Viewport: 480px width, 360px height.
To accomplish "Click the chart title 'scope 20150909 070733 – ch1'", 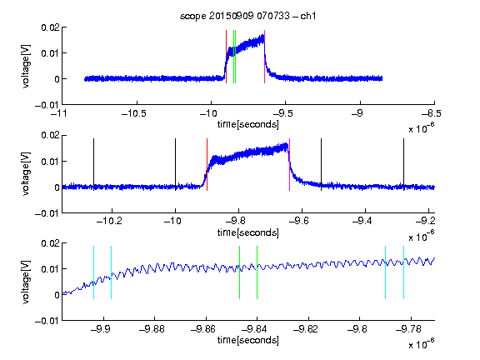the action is [248, 16].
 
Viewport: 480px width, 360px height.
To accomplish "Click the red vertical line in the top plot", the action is [226, 57].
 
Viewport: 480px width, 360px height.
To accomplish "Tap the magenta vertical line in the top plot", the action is [264, 57].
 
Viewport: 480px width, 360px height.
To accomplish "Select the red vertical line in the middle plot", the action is [207, 165].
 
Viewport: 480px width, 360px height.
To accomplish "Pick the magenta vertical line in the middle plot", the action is [290, 165].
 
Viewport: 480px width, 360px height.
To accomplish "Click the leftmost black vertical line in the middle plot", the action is [93, 165].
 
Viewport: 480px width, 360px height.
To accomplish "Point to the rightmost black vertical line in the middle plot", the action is [403, 165].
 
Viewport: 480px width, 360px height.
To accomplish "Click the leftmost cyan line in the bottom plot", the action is [93, 272].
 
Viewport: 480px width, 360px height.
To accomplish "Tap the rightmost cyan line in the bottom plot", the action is [403, 272].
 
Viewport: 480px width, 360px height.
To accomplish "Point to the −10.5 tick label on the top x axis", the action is [134, 113].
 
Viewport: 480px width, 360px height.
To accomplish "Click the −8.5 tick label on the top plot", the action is [431, 113].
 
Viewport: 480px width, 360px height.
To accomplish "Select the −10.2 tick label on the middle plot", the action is [109, 221].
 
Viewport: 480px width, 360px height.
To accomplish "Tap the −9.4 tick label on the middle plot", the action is [362, 221].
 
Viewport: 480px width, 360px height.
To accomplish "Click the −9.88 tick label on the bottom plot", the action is [152, 329].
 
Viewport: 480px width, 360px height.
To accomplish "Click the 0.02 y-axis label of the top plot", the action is [50, 27].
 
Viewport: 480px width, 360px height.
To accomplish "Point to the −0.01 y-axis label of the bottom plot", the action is [47, 321].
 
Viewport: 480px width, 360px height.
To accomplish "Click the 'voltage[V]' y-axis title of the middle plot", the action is [26, 173].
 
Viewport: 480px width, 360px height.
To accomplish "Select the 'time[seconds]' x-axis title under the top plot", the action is [248, 125].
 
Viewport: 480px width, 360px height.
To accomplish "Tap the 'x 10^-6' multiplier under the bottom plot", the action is [422, 344].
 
